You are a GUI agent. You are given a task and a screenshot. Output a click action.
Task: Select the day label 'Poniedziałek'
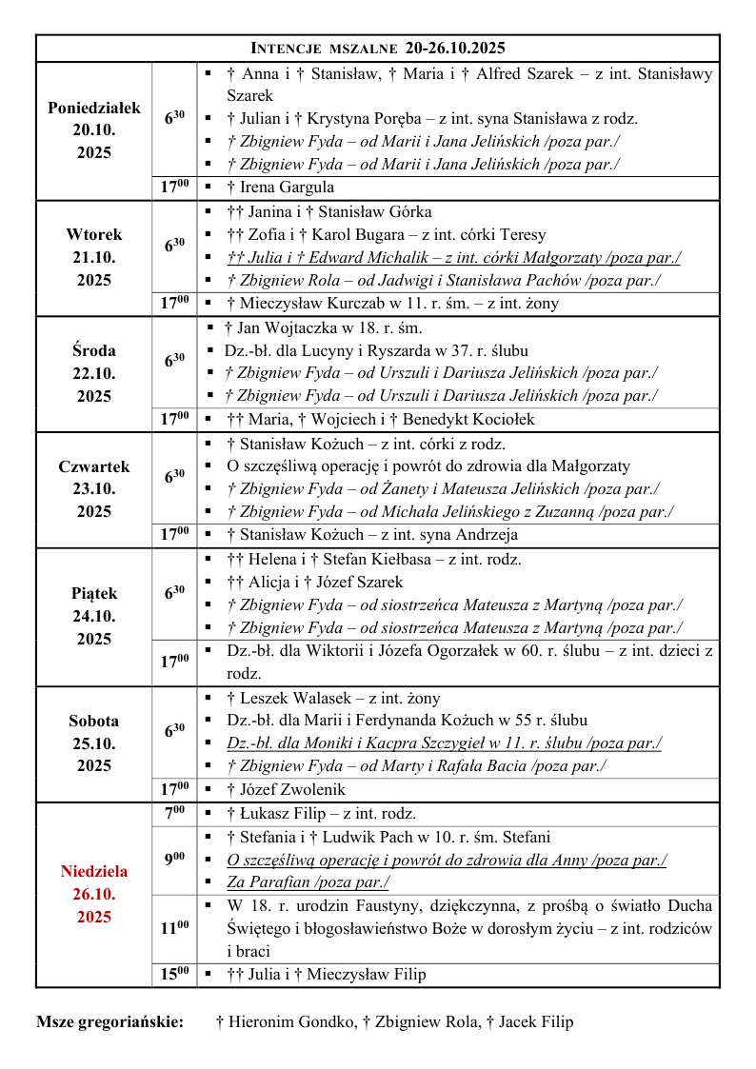coord(94,107)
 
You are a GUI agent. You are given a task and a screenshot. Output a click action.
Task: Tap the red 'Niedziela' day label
coord(94,871)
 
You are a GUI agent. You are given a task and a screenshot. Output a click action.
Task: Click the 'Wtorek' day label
coord(94,234)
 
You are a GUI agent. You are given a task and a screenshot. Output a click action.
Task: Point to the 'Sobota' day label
coord(94,721)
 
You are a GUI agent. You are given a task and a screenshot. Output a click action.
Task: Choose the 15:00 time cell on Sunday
coord(173,974)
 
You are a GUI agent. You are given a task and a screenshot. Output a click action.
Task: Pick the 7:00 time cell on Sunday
coord(173,814)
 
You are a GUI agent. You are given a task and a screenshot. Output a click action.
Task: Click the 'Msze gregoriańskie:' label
coord(110,1022)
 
